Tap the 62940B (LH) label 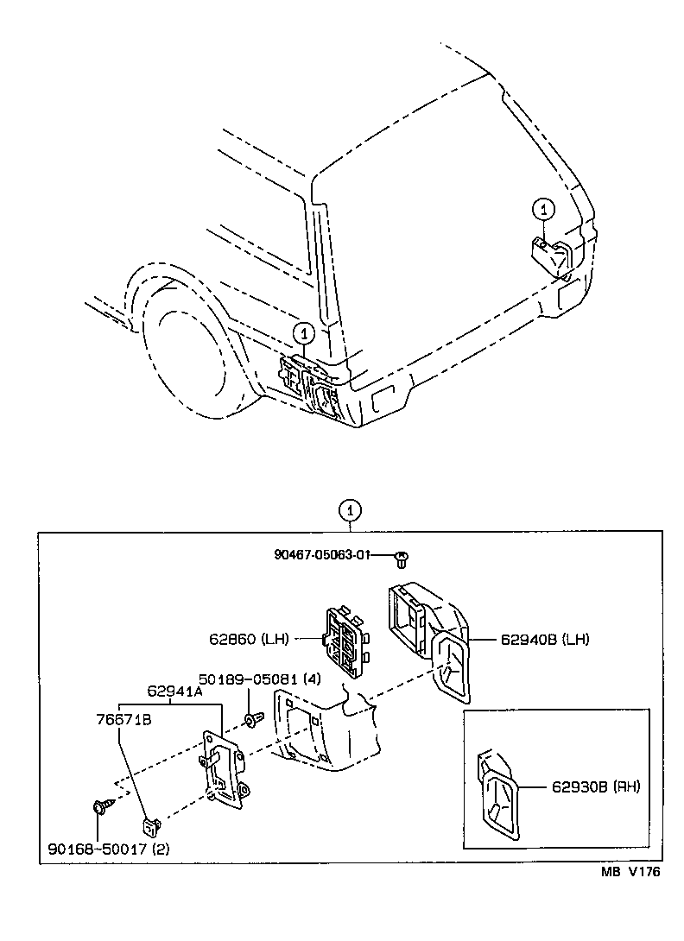(x=544, y=640)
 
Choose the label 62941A (x=174, y=691)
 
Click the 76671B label (x=123, y=718)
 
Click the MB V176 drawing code (x=630, y=872)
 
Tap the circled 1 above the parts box (x=349, y=509)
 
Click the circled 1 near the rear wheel (x=302, y=332)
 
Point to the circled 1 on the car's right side (x=541, y=208)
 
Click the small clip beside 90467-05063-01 (x=401, y=559)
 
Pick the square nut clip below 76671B (x=151, y=827)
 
